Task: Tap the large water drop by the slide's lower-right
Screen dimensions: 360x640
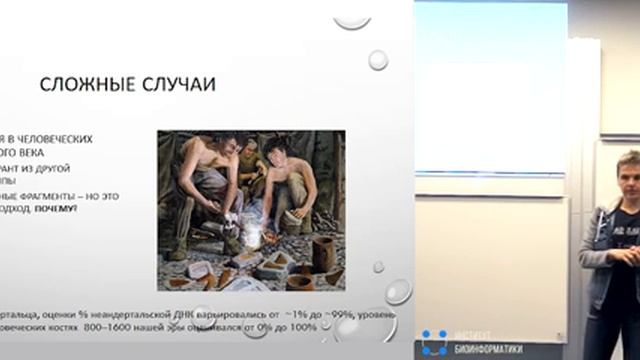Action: coord(398,291)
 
